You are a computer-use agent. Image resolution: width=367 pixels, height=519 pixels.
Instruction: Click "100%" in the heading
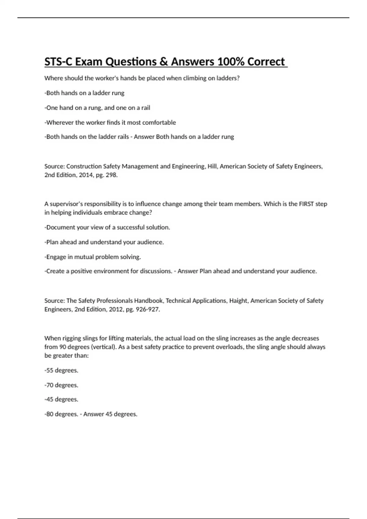pyautogui.click(x=231, y=62)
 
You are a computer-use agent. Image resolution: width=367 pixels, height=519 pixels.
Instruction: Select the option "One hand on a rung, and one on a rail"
pyautogui.click(x=97, y=108)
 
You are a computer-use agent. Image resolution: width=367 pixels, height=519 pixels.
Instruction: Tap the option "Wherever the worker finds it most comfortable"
pyautogui.click(x=110, y=122)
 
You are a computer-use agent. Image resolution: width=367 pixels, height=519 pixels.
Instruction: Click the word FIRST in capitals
pyautogui.click(x=305, y=204)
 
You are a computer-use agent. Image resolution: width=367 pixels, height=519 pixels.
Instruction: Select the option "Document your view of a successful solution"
pyautogui.click(x=107, y=227)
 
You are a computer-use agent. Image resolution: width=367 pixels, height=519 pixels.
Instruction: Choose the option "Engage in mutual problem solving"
pyautogui.click(x=93, y=257)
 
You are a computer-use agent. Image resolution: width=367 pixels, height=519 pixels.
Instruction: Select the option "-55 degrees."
pyautogui.click(x=61, y=370)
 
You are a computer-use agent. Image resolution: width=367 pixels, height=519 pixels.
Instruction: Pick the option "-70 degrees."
pyautogui.click(x=61, y=385)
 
